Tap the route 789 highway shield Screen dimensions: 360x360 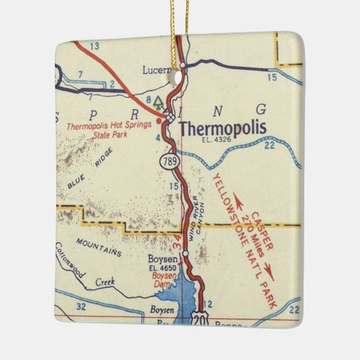point(168,161)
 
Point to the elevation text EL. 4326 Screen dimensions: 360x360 point(217,141)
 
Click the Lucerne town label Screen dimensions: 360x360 point(160,69)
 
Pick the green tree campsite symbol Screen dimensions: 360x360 point(158,103)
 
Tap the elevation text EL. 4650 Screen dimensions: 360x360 point(162,268)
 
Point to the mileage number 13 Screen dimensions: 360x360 point(94,46)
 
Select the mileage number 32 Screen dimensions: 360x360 point(82,307)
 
